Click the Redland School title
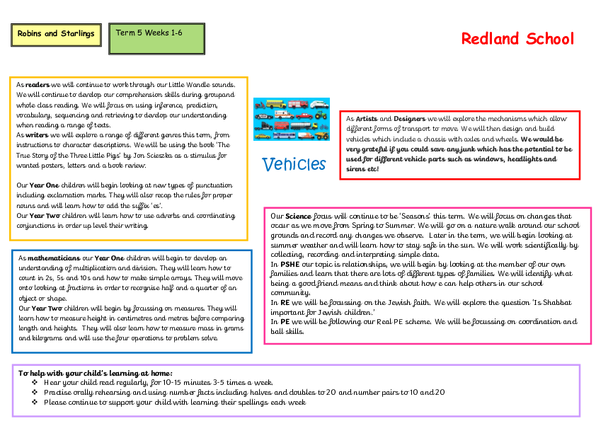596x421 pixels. click(517, 39)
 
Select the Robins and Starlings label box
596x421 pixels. click(56, 34)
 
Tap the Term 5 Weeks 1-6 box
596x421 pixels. click(156, 38)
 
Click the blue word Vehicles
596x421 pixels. click(294, 164)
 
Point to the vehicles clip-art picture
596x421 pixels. click(292, 119)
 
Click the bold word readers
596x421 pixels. click(38, 84)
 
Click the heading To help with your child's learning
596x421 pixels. click(96, 373)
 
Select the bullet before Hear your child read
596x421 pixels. click(35, 383)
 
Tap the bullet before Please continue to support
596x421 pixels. click(35, 403)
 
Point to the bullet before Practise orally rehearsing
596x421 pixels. click(35, 393)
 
